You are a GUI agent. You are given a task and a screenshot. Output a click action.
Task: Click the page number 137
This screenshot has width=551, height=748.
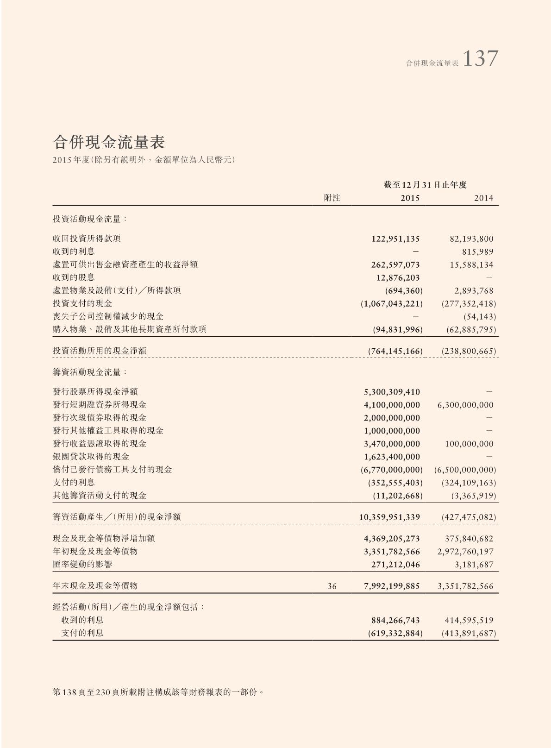[480, 59]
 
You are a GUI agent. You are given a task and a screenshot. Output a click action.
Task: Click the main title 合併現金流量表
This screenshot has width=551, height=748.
[109, 142]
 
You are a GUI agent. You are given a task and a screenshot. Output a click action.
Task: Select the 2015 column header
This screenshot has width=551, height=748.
[410, 198]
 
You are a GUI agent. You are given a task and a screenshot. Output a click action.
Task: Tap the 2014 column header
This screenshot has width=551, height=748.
[483, 198]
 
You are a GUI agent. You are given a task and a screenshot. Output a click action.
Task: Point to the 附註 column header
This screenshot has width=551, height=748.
[332, 198]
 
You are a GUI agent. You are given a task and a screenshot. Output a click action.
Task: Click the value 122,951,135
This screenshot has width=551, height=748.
[395, 239]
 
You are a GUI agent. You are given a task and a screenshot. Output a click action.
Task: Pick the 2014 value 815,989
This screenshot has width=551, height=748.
[477, 252]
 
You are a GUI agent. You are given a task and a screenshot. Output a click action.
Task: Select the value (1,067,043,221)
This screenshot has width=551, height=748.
[391, 304]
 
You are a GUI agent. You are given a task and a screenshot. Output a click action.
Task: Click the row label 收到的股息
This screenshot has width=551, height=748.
[74, 277]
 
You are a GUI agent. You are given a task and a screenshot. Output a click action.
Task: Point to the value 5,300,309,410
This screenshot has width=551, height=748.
[392, 392]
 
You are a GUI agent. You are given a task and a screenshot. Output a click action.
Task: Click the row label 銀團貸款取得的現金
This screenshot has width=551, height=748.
[91, 457]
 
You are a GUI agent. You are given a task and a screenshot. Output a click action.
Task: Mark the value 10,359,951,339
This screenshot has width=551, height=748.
[389, 517]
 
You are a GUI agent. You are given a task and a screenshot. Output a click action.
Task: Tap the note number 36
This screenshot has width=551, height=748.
[332, 586]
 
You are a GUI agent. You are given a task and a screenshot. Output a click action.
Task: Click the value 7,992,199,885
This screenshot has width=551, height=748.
[392, 586]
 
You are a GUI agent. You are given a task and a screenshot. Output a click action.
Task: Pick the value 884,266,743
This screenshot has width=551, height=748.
[395, 620]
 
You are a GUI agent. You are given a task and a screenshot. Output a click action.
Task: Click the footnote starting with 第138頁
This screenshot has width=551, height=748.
[158, 692]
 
